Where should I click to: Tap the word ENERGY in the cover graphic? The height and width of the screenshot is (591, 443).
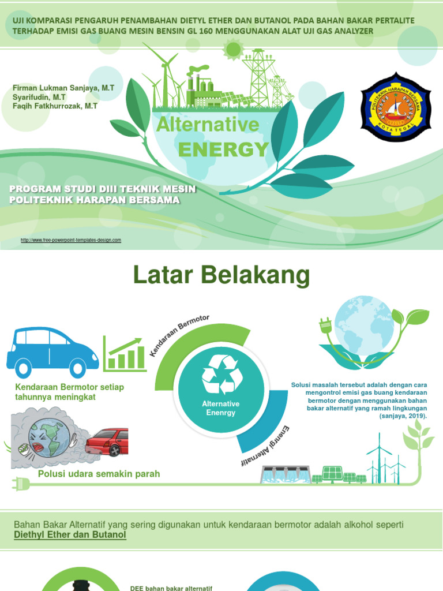click(x=223, y=149)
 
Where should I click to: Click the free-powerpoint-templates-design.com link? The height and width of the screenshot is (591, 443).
click(x=71, y=240)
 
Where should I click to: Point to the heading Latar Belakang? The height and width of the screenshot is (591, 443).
click(x=221, y=276)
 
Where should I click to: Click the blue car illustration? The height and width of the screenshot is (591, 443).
click(x=52, y=351)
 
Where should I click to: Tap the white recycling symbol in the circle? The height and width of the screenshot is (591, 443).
click(x=221, y=374)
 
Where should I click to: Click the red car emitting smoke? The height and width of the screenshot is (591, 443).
click(x=107, y=442)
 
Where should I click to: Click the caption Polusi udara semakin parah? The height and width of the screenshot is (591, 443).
click(x=99, y=474)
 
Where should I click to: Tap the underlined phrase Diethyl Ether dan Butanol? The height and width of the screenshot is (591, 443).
click(x=70, y=535)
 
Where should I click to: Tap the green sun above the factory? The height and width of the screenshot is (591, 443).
click(x=233, y=50)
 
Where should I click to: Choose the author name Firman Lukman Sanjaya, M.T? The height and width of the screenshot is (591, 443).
click(x=63, y=88)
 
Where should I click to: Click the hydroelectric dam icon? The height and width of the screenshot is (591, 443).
click(x=285, y=474)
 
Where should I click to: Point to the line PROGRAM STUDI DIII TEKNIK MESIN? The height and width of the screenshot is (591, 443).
click(x=103, y=189)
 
